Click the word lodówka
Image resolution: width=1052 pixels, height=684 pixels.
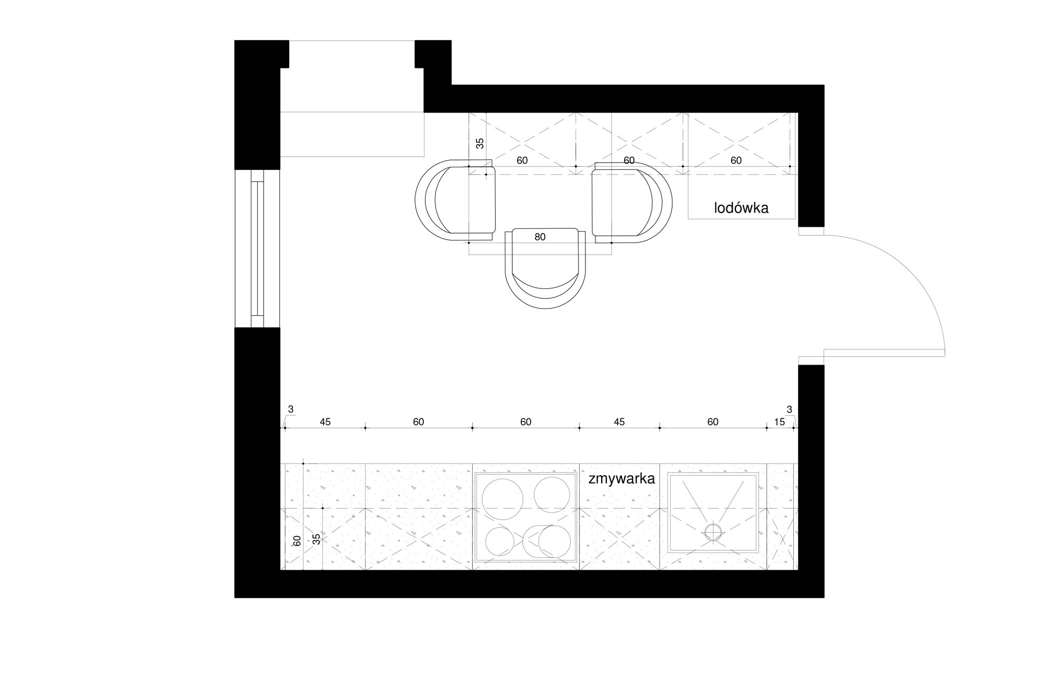(741, 208)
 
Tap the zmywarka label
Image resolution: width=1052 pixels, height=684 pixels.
(622, 479)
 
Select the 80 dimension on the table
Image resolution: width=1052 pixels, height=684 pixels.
(540, 237)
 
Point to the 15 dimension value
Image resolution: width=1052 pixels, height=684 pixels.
(780, 421)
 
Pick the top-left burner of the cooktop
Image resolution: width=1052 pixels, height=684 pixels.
(503, 497)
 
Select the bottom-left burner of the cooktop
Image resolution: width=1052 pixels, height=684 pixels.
(500, 541)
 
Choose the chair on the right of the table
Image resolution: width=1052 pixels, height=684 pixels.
(631, 202)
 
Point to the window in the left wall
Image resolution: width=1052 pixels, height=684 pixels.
(257, 248)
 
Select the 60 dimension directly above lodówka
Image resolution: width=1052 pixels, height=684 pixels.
(736, 160)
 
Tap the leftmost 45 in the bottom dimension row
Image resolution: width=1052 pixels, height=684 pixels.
(325, 421)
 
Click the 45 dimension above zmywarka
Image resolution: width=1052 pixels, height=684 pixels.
(619, 421)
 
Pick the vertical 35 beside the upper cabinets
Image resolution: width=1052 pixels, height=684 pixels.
(480, 143)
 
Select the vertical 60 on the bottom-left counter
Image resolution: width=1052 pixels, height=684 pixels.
(297, 540)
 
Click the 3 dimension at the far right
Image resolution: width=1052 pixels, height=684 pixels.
(789, 409)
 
